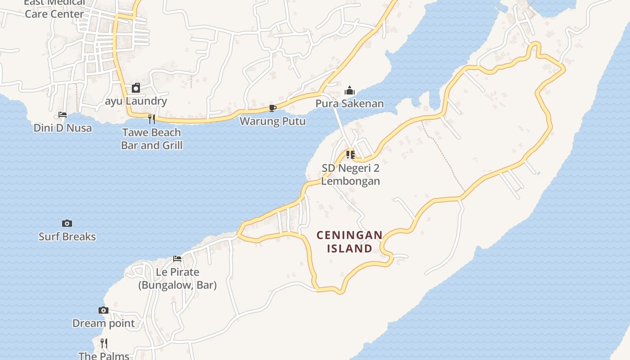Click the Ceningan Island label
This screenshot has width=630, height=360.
[350, 242]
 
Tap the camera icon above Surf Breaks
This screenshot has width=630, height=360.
[67, 223]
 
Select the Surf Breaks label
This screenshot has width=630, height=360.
[67, 237]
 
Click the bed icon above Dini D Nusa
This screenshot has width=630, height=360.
[63, 115]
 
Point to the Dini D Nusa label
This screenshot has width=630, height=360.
[63, 128]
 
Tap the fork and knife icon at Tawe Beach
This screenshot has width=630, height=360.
[152, 119]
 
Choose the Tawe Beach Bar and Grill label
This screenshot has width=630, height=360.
[152, 139]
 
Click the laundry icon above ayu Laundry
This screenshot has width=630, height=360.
[136, 88]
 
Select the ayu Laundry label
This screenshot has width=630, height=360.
[136, 101]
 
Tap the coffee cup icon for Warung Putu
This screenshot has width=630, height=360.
[272, 108]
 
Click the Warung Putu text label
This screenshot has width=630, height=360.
[272, 121]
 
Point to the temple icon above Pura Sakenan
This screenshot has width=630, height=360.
[350, 90]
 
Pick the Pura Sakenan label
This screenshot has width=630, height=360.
[350, 103]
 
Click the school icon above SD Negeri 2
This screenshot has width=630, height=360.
[351, 155]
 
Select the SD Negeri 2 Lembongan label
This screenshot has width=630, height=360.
[351, 175]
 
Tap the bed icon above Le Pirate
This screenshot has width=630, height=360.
[177, 259]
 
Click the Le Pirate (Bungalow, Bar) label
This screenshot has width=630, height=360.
[177, 279]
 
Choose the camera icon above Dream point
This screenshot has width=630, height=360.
[103, 310]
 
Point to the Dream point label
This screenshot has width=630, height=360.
[103, 323]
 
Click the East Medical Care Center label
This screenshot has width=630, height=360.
[54, 9]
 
